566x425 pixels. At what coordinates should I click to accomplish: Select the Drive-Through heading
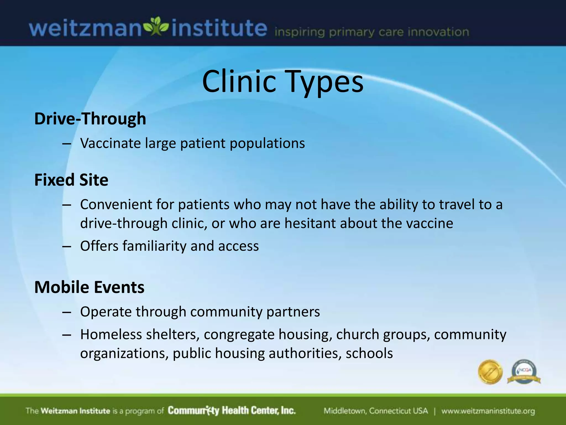[90, 119]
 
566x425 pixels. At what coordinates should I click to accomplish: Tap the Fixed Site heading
[71, 180]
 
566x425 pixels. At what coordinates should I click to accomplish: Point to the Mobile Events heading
[89, 287]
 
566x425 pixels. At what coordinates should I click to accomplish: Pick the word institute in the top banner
[219, 28]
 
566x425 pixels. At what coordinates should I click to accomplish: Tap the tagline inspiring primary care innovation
[372, 32]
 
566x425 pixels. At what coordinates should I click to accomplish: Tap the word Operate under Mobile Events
[106, 312]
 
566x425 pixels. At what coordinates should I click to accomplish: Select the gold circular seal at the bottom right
[490, 372]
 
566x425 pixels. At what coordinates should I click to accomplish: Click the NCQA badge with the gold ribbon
[524, 372]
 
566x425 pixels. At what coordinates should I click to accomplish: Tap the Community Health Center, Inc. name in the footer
[232, 411]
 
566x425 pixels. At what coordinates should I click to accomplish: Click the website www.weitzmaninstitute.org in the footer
[488, 411]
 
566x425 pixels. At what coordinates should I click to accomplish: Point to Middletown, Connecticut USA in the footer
[376, 411]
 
